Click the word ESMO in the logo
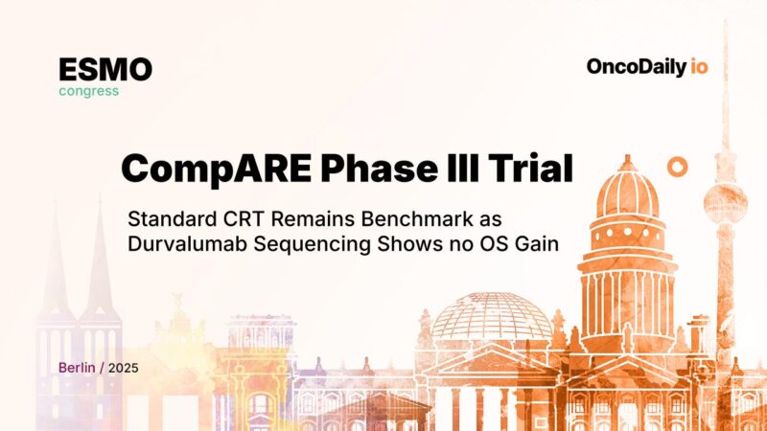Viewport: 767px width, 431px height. tap(105, 69)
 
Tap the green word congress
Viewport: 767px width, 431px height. tap(88, 92)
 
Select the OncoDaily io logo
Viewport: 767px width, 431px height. tap(647, 67)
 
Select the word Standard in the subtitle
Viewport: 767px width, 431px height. tap(168, 216)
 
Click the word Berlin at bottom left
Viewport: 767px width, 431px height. tap(77, 368)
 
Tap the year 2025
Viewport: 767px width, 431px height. tap(123, 368)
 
